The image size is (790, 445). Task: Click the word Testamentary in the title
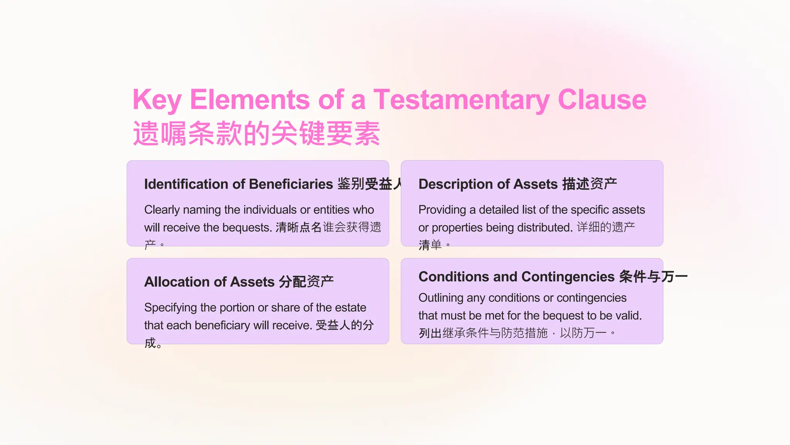461,100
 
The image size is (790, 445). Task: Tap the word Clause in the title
602,100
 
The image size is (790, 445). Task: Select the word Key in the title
157,100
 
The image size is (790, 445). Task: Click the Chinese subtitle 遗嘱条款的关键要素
257,134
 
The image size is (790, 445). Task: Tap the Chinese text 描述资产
589,184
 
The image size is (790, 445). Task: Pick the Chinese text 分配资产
306,282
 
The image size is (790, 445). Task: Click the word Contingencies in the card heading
568,277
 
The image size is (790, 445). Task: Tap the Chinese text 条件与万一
653,277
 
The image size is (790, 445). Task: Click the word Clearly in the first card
162,210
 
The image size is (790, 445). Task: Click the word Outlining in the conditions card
441,298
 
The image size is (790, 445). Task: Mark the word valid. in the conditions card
629,316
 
